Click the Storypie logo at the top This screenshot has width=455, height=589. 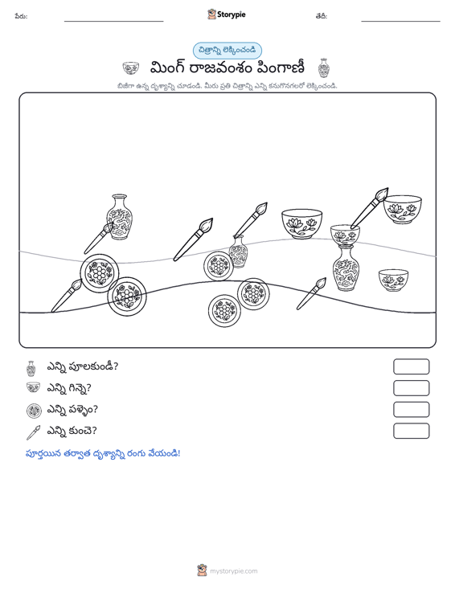pos(226,14)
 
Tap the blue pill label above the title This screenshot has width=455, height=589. pos(227,51)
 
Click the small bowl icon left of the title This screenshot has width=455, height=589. pos(131,68)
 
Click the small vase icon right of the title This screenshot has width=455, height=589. pos(323,68)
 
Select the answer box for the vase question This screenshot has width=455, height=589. pos(411,366)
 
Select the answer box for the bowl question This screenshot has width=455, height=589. pos(411,388)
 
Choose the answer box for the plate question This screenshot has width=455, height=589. pos(411,410)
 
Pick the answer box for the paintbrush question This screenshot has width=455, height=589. pos(411,431)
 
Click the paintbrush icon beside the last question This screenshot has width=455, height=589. pos(33,432)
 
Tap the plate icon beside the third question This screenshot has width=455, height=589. pos(34,411)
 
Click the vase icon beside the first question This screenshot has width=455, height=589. pos(31,369)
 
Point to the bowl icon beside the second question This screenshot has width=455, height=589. pos(34,387)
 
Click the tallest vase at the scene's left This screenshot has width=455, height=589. pos(120,217)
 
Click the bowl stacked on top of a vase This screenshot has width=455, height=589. pos(345,235)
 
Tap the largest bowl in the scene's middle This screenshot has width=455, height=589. pos(301,224)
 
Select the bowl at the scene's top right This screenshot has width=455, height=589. pos(403,209)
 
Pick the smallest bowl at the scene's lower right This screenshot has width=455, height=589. pos(393,280)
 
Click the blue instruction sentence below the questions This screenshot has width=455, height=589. pos(103,453)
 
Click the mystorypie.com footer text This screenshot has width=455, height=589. pos(234,571)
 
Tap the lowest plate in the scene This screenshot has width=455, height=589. pos(224,311)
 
